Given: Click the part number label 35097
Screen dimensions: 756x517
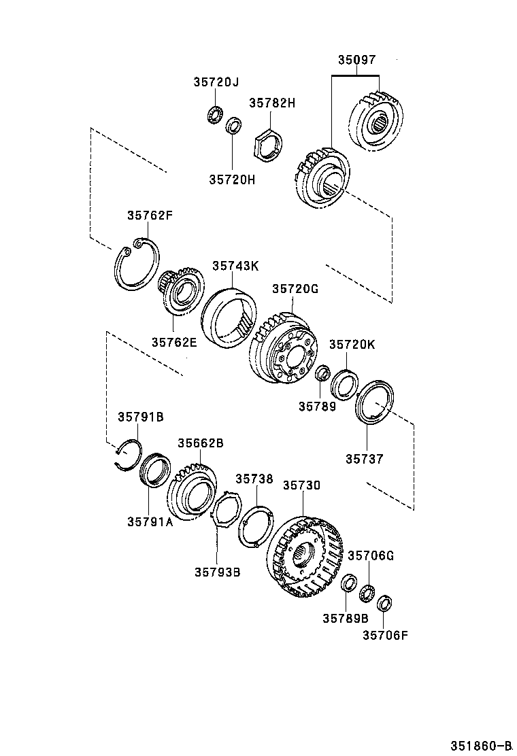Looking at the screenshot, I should (357, 61).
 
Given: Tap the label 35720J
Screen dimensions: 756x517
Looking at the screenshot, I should (216, 82).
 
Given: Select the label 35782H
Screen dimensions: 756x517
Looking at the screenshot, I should (272, 103).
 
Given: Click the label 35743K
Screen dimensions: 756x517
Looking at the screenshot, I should (235, 266).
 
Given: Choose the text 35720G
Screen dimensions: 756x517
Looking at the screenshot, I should (295, 289).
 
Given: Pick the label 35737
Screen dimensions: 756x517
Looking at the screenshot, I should (365, 459).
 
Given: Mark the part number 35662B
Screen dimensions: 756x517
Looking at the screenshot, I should (201, 443).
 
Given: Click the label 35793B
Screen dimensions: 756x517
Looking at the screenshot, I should (218, 572).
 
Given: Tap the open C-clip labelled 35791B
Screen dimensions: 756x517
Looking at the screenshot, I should (128, 454).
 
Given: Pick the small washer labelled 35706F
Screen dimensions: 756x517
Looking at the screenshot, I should (385, 602).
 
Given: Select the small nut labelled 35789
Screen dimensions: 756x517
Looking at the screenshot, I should (322, 373).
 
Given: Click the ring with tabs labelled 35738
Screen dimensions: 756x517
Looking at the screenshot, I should (256, 525).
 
